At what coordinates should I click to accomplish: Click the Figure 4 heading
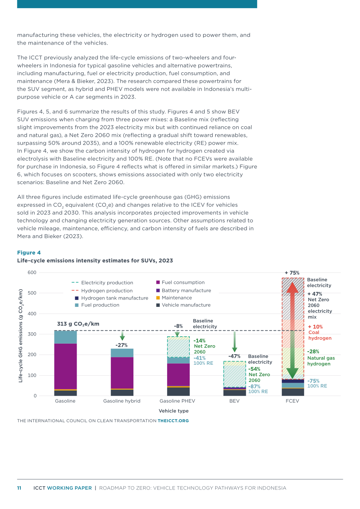click(x=29, y=253)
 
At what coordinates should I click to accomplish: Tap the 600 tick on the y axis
click(x=32, y=272)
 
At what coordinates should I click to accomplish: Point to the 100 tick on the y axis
click(x=32, y=375)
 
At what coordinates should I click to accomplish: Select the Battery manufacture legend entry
click(x=184, y=290)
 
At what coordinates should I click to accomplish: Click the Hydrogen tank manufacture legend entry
click(x=112, y=298)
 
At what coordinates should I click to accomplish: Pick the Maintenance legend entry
click(x=174, y=298)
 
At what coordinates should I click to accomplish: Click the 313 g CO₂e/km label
click(x=78, y=324)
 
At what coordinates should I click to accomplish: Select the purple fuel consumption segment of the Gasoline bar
click(x=65, y=366)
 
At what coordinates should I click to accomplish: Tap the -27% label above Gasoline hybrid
click(x=121, y=345)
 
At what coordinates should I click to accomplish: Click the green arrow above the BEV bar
click(x=234, y=342)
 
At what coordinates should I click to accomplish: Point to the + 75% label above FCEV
click(x=292, y=273)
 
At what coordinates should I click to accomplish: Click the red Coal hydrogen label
click(x=320, y=335)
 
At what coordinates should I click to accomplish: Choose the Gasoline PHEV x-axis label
click(x=177, y=401)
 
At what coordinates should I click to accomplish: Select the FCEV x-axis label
click(x=292, y=401)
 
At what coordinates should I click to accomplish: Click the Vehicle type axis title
click(x=173, y=411)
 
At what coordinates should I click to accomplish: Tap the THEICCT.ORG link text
click(x=173, y=421)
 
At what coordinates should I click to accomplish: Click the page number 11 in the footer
click(x=19, y=488)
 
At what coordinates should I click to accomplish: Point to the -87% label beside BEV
click(x=254, y=386)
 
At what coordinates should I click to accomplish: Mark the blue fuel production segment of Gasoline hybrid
click(x=122, y=353)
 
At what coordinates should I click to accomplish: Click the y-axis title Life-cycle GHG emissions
click(x=20, y=336)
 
